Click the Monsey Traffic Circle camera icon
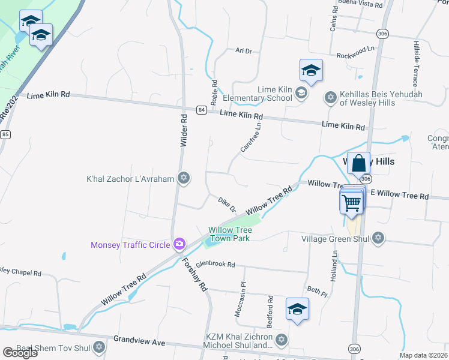(179, 244)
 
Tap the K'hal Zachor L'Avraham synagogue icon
(184, 178)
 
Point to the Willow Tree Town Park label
(229, 233)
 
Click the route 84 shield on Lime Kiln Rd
(201, 110)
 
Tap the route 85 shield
(5, 134)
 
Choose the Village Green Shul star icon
(378, 239)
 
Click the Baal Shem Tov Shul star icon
(99, 347)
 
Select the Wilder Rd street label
(184, 130)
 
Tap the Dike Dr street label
(226, 203)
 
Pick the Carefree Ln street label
(251, 140)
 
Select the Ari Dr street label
(243, 52)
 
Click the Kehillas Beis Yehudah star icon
(330, 98)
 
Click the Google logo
(20, 353)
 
